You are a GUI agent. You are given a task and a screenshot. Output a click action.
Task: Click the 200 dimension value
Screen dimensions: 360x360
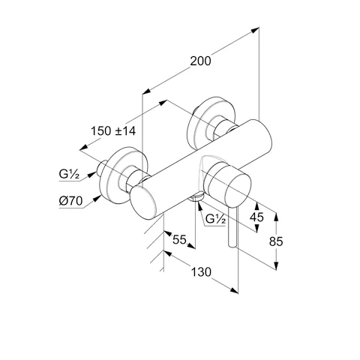click(200, 61)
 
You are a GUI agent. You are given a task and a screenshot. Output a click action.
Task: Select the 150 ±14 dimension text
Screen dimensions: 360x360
click(113, 131)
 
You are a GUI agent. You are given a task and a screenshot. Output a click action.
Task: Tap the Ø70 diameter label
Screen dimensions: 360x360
click(70, 201)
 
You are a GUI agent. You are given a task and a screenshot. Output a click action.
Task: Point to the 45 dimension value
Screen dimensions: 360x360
click(256, 217)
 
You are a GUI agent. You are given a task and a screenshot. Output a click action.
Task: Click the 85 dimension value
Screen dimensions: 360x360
click(276, 241)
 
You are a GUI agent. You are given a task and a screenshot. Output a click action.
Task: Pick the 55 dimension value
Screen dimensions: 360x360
click(179, 240)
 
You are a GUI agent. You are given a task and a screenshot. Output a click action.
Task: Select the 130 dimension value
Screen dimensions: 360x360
click(201, 272)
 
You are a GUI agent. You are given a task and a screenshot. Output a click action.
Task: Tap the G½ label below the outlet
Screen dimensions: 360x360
click(216, 219)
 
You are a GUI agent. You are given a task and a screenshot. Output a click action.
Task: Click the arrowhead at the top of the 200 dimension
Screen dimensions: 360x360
click(255, 30)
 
